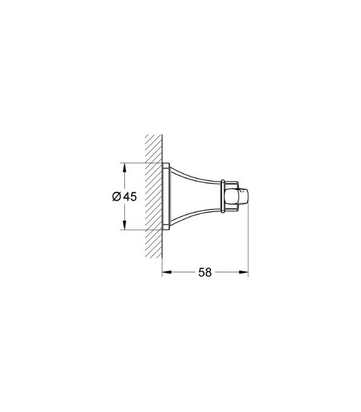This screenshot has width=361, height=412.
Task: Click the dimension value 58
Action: pyautogui.click(x=205, y=273)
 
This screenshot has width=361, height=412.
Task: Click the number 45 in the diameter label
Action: pyautogui.click(x=130, y=197)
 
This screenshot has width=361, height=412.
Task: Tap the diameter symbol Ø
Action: pyautogui.click(x=117, y=197)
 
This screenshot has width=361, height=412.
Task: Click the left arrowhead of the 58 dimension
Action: pyautogui.click(x=166, y=273)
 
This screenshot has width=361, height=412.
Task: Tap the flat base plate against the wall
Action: pyautogui.click(x=166, y=196)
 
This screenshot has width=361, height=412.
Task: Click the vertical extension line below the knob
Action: pyautogui.click(x=248, y=240)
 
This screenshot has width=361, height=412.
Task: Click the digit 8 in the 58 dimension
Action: pyautogui.click(x=208, y=273)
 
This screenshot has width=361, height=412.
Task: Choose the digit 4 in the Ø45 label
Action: pyautogui.click(x=127, y=197)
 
